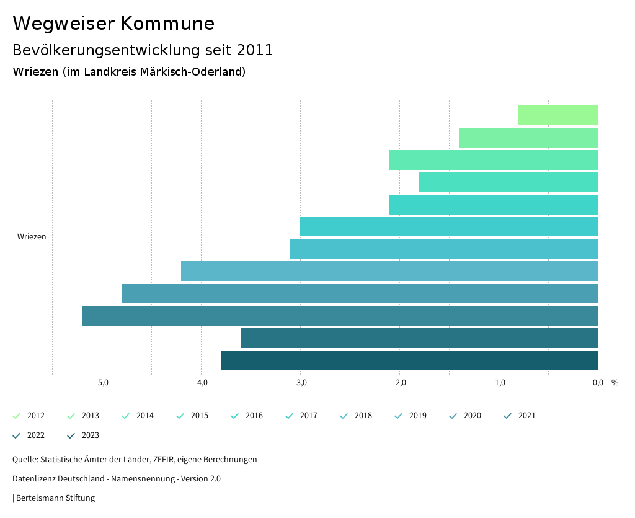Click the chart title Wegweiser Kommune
click(113, 24)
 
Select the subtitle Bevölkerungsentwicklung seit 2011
click(143, 50)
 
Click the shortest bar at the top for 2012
click(557, 115)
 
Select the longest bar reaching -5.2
click(339, 316)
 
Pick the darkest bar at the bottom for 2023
click(409, 360)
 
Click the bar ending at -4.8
click(359, 293)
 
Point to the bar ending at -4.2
click(389, 271)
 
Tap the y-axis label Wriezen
click(32, 237)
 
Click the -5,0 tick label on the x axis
click(102, 382)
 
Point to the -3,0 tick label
click(300, 382)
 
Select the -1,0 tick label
click(499, 382)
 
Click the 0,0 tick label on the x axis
click(598, 382)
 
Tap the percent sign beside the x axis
click(615, 382)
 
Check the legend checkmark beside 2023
click(71, 435)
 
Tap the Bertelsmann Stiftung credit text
click(55, 498)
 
